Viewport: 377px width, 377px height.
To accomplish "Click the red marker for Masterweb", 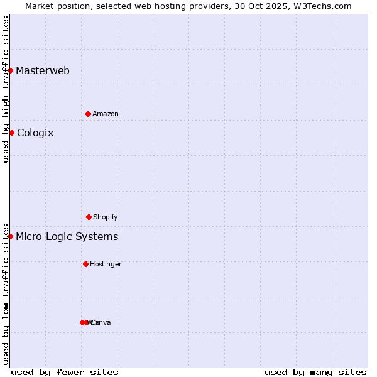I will [11, 70].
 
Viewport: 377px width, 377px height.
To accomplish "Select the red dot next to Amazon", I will [88, 114].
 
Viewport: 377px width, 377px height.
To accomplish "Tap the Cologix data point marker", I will [11, 133].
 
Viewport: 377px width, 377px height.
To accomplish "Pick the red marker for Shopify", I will [89, 217].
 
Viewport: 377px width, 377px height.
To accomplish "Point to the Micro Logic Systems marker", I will [11, 236].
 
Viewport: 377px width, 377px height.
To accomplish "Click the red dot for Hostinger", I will [85, 264].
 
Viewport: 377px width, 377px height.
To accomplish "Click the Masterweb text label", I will [43, 70].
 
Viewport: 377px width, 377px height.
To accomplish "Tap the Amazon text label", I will [106, 114].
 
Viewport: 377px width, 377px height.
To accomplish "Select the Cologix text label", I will [35, 133].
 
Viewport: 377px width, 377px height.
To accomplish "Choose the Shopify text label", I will [106, 217].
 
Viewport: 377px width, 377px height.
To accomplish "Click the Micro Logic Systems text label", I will [67, 236].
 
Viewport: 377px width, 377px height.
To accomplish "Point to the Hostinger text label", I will [106, 264].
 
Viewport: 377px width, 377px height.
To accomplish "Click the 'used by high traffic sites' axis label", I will [6, 89].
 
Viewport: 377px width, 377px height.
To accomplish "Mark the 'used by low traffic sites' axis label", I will [6, 293].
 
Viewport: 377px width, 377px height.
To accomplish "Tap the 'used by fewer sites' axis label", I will [65, 372].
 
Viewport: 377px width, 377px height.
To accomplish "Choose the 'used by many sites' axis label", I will [315, 372].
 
